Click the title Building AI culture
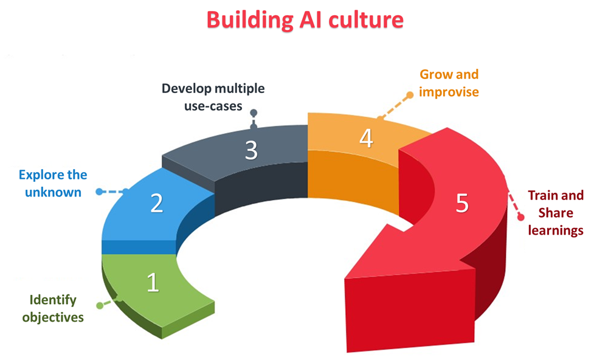click(x=305, y=19)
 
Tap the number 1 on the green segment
click(x=153, y=282)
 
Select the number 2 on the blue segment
click(x=157, y=203)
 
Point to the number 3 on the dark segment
click(x=251, y=150)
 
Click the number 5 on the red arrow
click(x=462, y=204)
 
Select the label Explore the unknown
click(x=53, y=184)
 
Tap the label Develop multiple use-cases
click(x=213, y=97)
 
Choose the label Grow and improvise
click(x=449, y=83)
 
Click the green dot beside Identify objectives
click(x=100, y=303)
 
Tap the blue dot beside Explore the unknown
click(x=99, y=192)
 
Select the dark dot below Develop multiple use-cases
click(x=254, y=113)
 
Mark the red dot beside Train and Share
click(x=520, y=216)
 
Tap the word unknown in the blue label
click(x=53, y=192)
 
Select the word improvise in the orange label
click(x=449, y=92)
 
